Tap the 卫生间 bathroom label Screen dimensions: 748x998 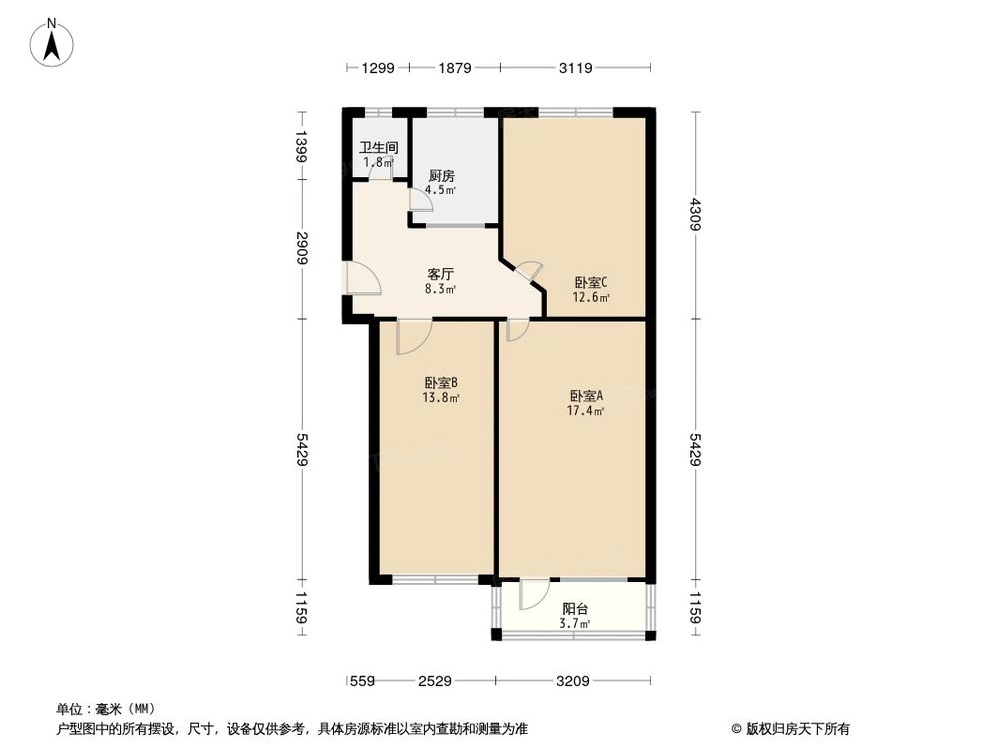[x=379, y=147]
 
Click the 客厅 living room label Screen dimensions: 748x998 [x=441, y=274]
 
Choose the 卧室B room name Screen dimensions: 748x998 [x=441, y=382]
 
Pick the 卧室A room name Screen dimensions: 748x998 [x=586, y=395]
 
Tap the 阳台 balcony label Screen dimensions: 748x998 [x=574, y=609]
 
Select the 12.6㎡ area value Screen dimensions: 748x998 [x=591, y=296]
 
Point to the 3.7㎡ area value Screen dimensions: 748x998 [x=574, y=624]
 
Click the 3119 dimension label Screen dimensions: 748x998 [x=576, y=68]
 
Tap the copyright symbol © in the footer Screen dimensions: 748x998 [x=736, y=727]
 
